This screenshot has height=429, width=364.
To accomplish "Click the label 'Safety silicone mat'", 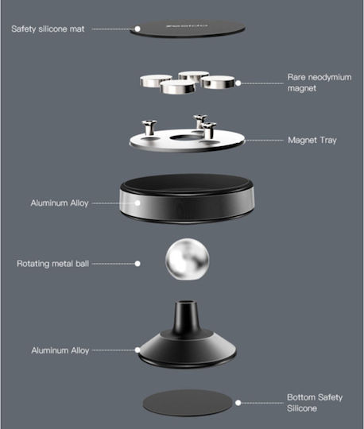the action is point(48,29).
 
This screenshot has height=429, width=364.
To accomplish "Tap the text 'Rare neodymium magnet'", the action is point(319,83).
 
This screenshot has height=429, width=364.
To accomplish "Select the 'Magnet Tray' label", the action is point(312,140).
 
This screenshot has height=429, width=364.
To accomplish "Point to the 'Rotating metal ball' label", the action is point(52,264).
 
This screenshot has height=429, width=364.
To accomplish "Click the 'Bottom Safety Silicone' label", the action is point(315,403).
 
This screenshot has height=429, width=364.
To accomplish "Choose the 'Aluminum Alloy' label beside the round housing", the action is point(60,203).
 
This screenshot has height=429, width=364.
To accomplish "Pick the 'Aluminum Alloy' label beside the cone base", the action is point(60,350).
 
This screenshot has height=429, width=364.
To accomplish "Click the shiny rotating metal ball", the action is point(188,259).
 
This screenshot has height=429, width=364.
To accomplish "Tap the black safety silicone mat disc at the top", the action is point(188,29).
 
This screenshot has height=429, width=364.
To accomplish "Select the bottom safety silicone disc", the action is point(188,403).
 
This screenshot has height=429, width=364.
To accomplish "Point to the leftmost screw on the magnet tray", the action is point(149,127).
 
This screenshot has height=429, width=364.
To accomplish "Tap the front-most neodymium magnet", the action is point(178,87).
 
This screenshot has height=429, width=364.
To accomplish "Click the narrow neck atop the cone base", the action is point(186,317).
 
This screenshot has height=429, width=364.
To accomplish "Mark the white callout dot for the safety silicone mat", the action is point(137,29).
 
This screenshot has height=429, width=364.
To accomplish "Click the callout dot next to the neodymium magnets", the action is point(238,83).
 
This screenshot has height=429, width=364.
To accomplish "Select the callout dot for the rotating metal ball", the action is point(137,264).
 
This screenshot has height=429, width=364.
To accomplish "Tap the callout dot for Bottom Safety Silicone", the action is point(238,403).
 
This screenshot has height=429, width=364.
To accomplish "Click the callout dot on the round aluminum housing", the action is point(137,203).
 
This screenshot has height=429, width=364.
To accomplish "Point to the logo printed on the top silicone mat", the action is point(187,26).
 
